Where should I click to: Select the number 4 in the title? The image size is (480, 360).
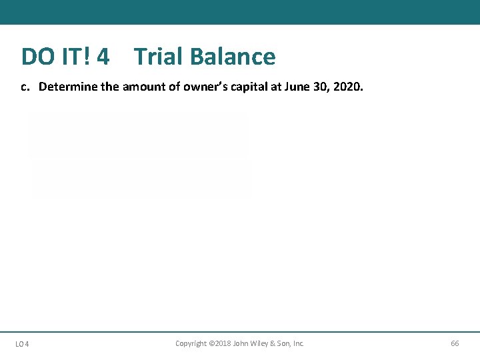(103, 57)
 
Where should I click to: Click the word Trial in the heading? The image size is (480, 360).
(158, 57)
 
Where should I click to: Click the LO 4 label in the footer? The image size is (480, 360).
(22, 344)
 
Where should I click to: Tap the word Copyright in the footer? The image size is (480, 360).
(191, 343)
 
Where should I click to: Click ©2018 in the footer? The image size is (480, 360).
(222, 343)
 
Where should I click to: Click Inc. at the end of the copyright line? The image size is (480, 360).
(298, 343)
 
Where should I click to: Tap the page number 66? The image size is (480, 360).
(455, 343)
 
